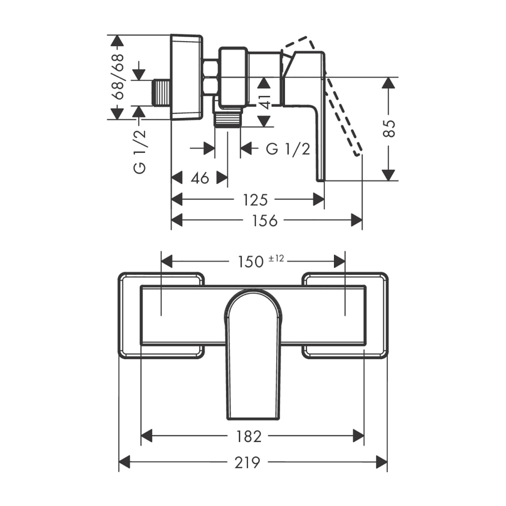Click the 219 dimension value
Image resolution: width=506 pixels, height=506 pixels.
coord(247,463)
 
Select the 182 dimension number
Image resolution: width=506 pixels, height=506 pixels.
coord(249,437)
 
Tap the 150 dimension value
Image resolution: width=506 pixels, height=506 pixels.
coord(250,261)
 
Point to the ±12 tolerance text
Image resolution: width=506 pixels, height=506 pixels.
coord(276,258)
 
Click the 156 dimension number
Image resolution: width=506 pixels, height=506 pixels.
coord(264,221)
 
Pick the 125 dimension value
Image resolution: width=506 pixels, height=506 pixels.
coord(255,200)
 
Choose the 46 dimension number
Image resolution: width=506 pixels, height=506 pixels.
coord(200,178)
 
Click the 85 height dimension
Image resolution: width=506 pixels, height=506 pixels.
coord(390,128)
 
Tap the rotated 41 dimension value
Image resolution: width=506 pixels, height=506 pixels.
coord(265,102)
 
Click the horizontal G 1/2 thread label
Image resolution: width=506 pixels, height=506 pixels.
coord(288,149)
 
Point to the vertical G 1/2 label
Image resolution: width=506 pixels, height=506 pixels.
coord(139,152)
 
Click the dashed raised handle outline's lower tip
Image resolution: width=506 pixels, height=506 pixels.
coord(358,154)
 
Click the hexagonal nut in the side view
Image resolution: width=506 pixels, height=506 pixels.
coord(211,78)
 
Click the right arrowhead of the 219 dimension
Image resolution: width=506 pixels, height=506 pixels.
coord(382,462)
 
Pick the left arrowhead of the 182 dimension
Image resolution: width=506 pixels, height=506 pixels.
coord(147,436)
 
